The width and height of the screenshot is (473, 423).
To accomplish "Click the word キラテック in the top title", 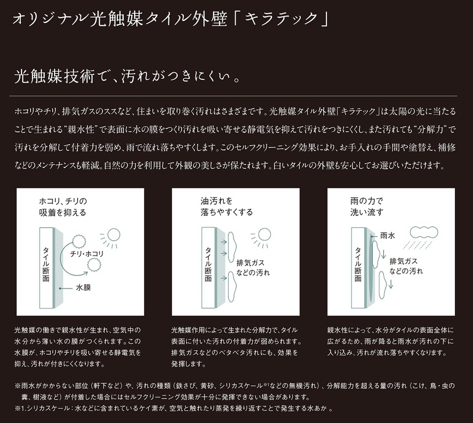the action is pos(281,19).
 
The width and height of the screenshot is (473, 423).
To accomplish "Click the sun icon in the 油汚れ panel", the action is pos(260,238).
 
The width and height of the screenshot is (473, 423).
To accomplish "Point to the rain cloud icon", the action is pos(423,232).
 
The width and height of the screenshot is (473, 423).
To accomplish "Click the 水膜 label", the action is pos(83,288).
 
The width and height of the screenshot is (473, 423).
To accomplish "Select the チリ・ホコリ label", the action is pos(87,254).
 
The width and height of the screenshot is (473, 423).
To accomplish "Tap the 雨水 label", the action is pos(387,236).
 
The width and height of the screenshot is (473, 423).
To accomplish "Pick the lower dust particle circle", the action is pos(94,266).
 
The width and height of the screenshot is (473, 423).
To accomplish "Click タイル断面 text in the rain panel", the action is pos(358,264).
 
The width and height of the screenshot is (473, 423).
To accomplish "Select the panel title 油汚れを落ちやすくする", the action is pos(226,207).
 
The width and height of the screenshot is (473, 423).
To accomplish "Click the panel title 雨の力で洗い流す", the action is pos(367,207).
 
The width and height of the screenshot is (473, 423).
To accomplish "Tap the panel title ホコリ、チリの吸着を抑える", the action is pos(63,207).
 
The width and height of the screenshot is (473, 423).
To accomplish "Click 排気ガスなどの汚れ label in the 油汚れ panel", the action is pos(253,267).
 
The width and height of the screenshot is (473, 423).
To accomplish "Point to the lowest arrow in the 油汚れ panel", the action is pos(224,278).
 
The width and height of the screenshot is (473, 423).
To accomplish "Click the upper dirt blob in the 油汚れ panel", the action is pos(232,247).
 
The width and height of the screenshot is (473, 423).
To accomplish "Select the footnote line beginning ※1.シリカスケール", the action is pos(174,409).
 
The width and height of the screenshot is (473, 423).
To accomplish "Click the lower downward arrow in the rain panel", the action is pos(390,284).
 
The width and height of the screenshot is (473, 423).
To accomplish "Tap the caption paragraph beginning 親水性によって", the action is pos(390,341).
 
